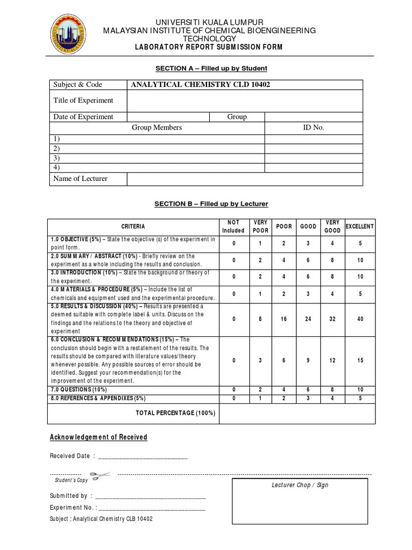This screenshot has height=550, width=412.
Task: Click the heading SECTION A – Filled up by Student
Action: coord(211,68)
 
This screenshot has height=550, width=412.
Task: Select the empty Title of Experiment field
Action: coord(245,100)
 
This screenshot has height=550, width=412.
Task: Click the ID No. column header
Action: coord(314,128)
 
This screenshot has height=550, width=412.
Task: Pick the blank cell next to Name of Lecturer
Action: coord(245,179)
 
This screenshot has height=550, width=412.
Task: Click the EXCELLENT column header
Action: coord(360,227)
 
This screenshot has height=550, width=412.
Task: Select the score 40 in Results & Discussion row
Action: coord(360,319)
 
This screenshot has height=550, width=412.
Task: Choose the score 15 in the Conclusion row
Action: coord(360,360)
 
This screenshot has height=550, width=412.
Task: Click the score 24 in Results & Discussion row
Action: coord(308,319)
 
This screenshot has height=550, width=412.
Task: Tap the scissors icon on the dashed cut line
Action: coord(100,475)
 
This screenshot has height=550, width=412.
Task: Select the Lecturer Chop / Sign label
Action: coord(300,485)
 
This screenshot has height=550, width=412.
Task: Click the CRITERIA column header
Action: coord(133,227)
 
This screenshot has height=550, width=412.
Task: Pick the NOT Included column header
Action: coord(233,227)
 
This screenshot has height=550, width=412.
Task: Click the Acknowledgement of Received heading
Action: coord(99,437)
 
